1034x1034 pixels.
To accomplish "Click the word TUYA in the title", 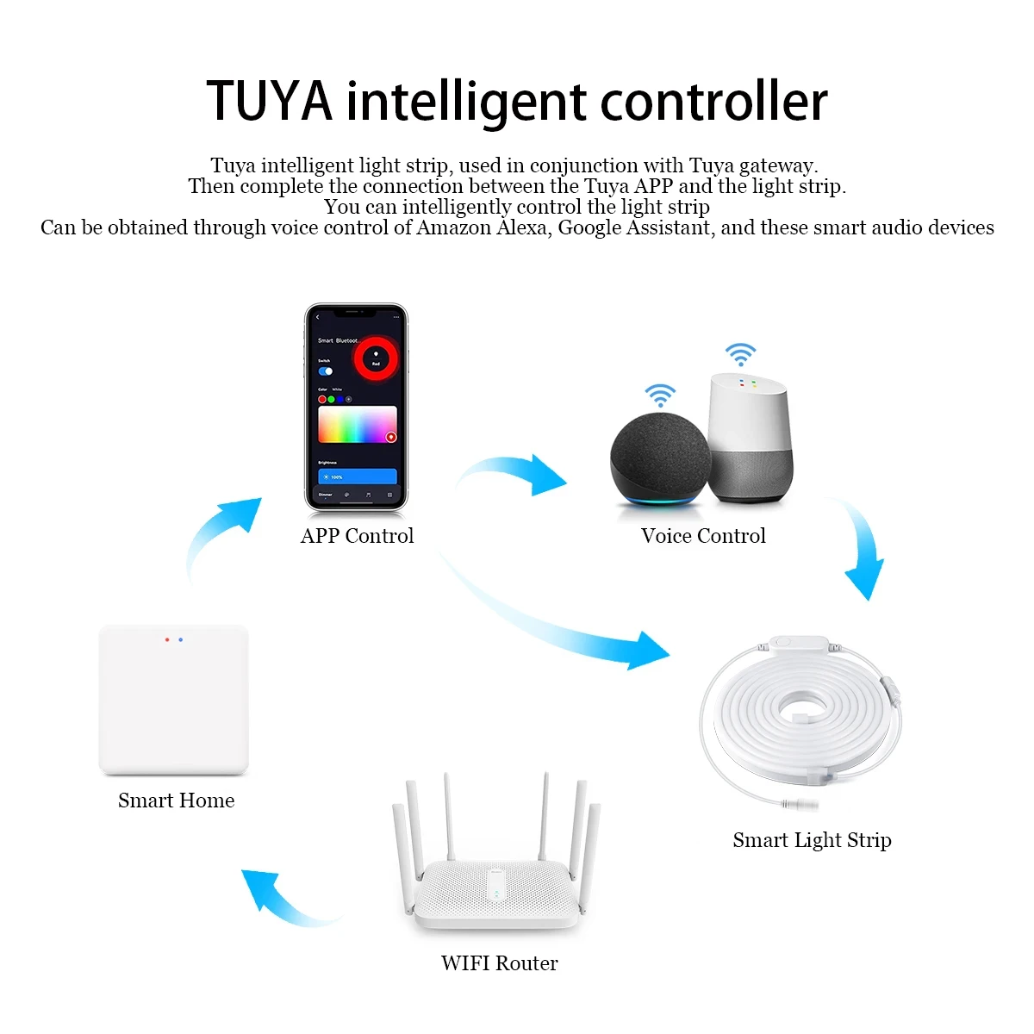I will pos(269,101).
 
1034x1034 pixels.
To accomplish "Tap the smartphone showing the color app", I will pos(356,407).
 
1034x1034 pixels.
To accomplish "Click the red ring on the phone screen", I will pos(376,357).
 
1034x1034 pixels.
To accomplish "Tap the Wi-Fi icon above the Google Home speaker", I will pos(740,353).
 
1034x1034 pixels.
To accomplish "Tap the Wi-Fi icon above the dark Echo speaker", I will pos(660,395).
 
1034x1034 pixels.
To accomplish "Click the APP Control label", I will pos(357,536).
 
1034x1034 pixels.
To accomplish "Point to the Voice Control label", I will pos(703,536).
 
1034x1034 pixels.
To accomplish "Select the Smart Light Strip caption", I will pos(812,840).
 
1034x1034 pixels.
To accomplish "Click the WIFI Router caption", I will pos(499,963).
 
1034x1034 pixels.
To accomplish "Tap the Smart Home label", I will pos(176,800).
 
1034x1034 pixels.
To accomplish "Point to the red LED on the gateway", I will pos(167,640).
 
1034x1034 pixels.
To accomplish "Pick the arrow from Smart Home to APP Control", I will pos(220,534).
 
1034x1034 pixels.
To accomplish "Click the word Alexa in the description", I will pos(522,227).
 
